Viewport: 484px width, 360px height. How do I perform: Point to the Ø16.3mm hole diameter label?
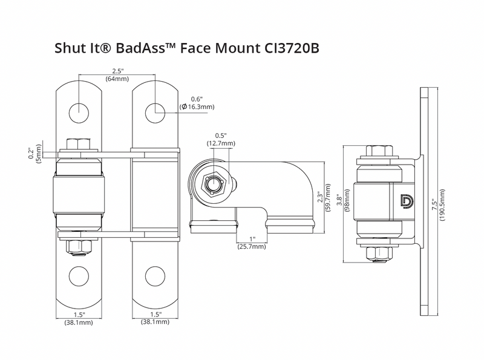[197, 107]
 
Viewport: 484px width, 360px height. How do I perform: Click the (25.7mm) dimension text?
[251, 247]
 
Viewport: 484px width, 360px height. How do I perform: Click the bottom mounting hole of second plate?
[155, 276]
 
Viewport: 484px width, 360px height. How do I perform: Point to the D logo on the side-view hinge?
[407, 200]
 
